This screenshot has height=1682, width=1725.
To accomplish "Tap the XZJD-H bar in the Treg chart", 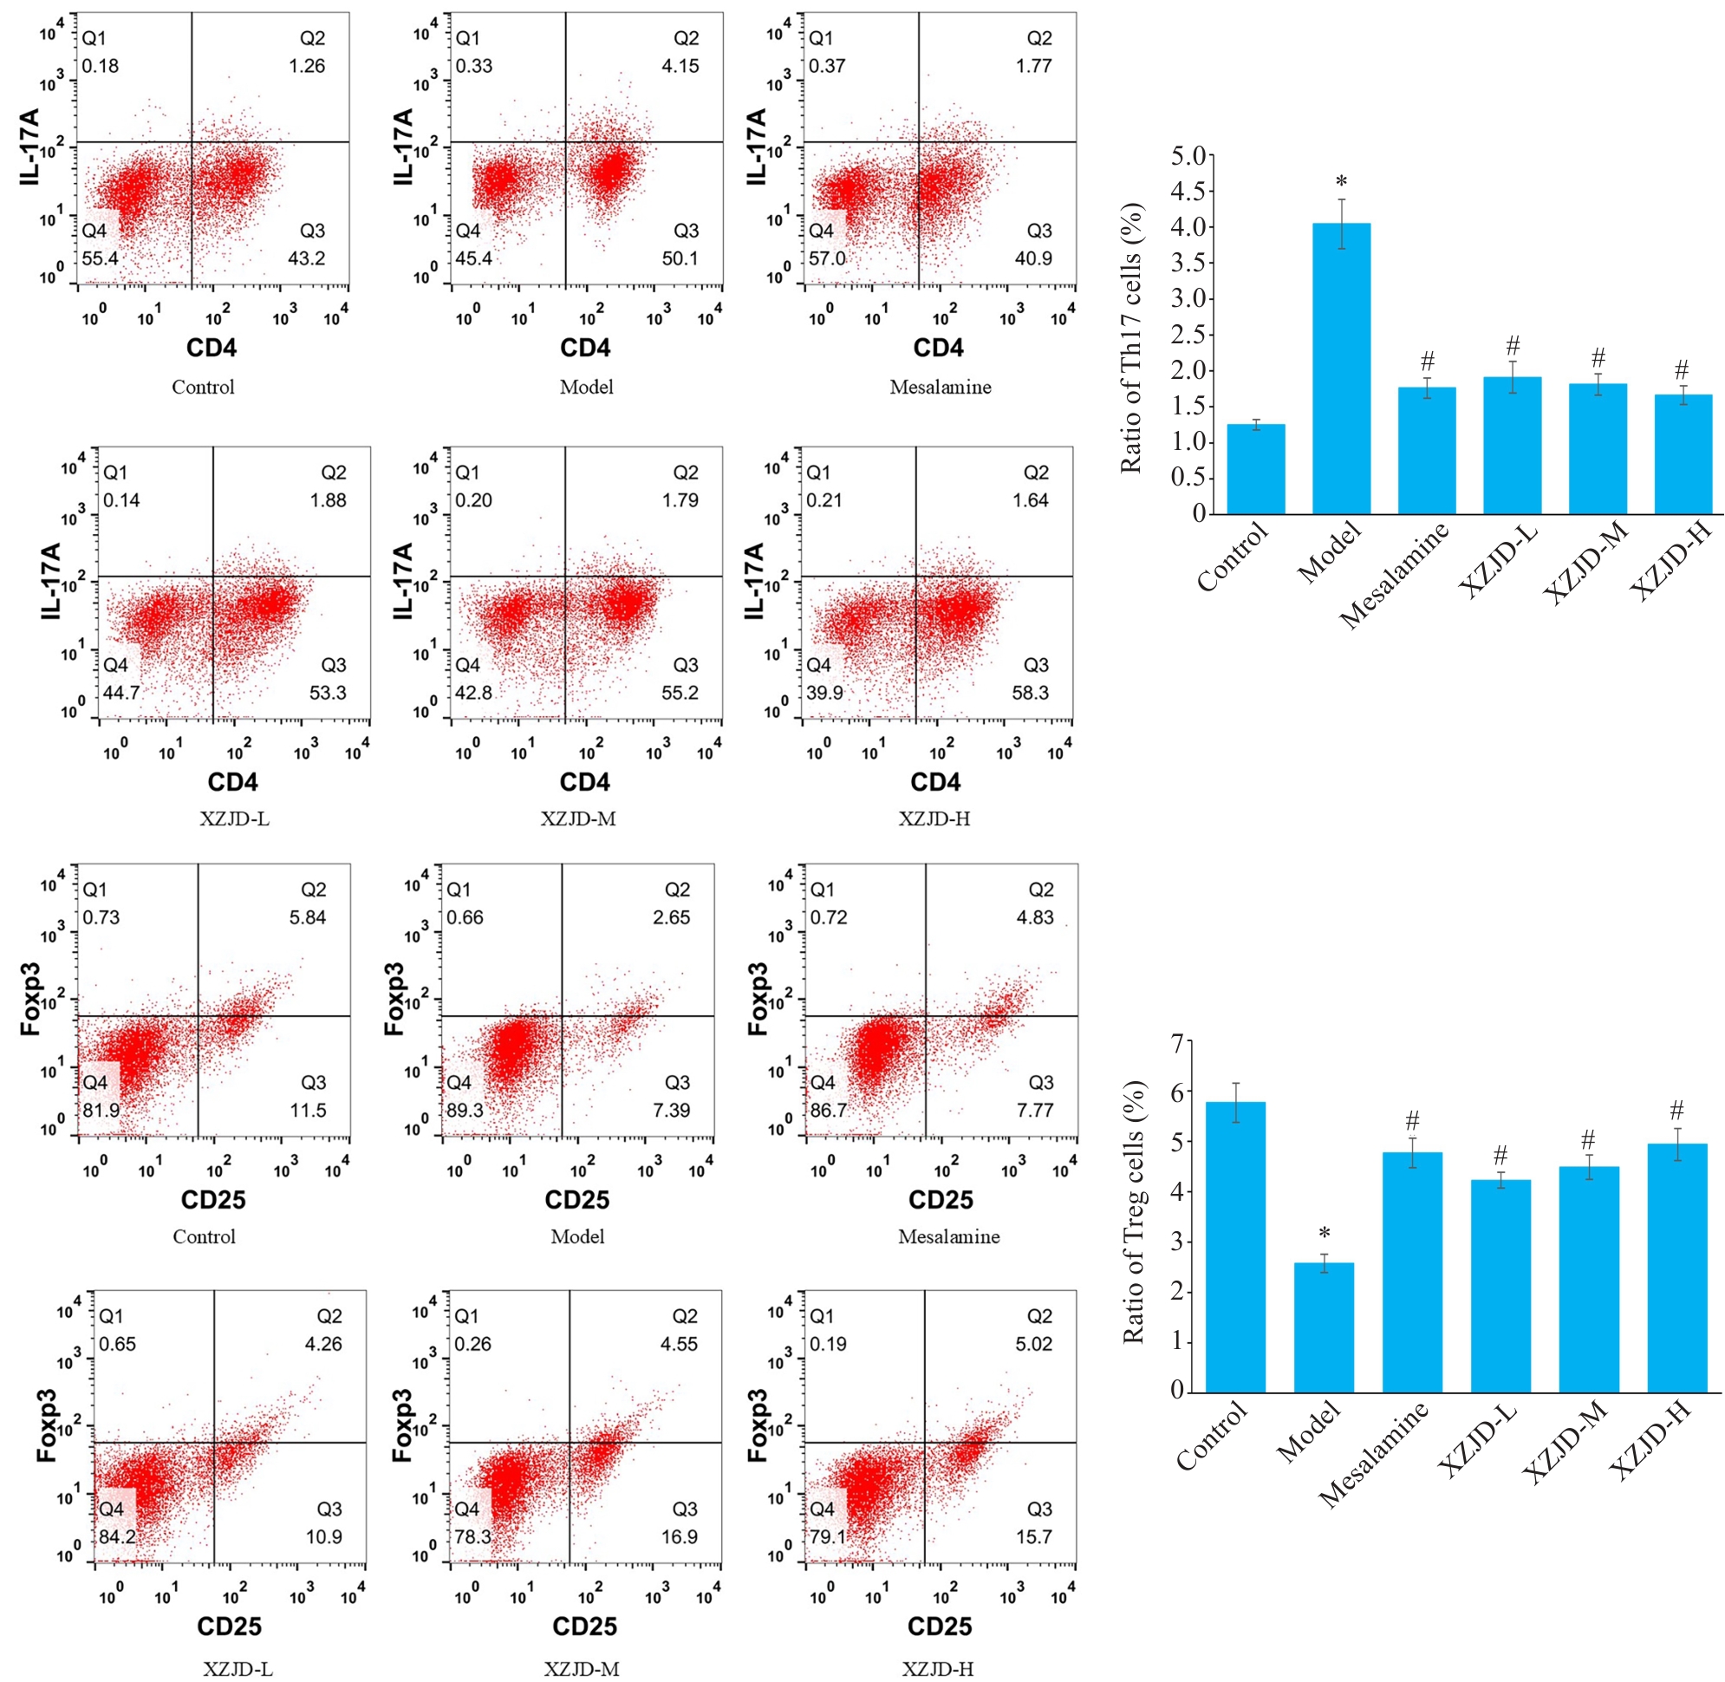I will coord(1676,1268).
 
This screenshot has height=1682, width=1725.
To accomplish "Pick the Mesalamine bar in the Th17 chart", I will coord(1427,451).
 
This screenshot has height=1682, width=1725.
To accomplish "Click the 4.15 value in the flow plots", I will coord(680,66).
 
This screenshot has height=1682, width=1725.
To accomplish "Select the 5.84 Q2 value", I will coord(308,918).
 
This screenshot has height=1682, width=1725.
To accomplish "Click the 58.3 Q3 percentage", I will coord(1030,693).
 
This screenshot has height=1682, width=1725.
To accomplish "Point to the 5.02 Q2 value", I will coord(1033,1344).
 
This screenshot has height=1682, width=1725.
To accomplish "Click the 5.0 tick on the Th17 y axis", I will coord(1188,156).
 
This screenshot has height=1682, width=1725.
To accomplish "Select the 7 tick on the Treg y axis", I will coord(1175,1043).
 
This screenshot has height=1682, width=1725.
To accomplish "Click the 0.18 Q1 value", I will coord(101,66).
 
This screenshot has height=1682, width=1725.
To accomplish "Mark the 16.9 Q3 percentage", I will coord(680,1537).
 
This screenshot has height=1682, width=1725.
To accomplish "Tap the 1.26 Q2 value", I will coord(307,66).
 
